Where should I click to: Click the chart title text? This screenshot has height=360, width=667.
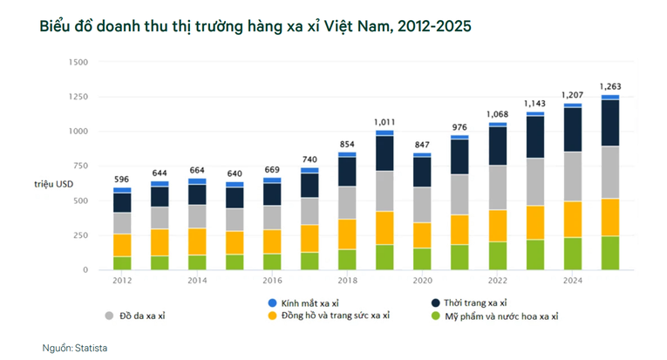[255, 26]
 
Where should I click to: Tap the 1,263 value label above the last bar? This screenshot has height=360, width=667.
[610, 85]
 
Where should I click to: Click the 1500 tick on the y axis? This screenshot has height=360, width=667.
[78, 62]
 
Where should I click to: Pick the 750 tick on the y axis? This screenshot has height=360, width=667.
[80, 166]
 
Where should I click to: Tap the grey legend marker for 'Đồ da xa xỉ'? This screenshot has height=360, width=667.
[109, 316]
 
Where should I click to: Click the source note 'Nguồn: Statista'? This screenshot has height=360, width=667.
[75, 348]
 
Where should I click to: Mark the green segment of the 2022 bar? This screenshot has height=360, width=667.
[498, 255]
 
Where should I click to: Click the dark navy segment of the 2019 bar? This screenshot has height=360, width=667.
[385, 153]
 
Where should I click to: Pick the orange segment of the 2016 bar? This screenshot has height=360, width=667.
[272, 241]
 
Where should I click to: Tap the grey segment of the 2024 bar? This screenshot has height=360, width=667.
[573, 176]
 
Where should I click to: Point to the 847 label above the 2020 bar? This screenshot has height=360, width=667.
[423, 144]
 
